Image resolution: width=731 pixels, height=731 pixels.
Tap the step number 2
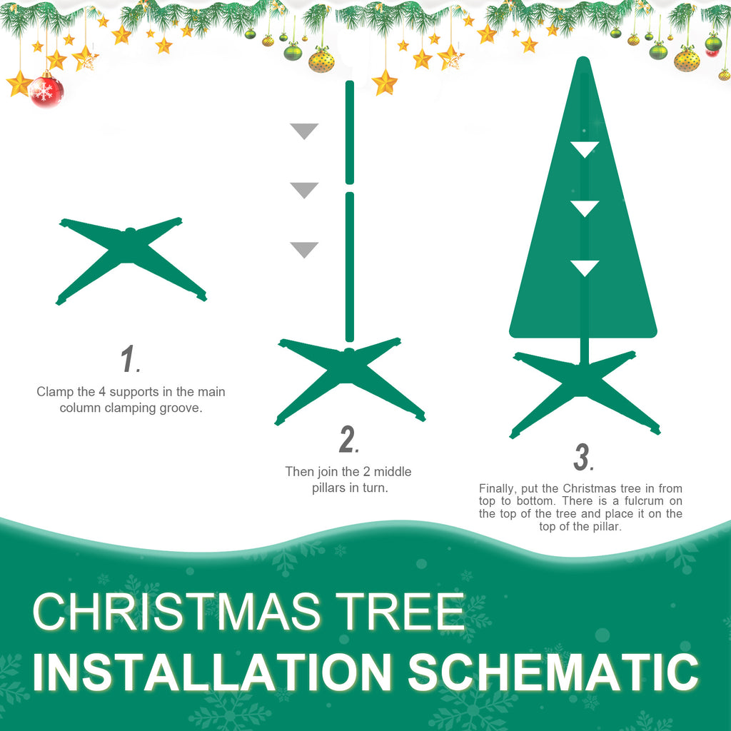click(348, 440)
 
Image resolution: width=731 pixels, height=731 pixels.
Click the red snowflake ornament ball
click(46, 91)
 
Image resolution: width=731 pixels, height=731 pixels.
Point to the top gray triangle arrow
click(304, 131)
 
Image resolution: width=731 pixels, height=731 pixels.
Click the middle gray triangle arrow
click(304, 190)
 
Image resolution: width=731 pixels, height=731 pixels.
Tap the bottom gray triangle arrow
click(304, 249)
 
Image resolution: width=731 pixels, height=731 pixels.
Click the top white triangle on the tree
click(585, 149)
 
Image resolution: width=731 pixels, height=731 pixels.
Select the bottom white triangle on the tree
click(585, 268)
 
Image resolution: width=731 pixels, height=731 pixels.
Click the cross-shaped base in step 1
click(130, 257)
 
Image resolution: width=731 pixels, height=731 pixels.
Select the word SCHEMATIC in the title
click(553, 672)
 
